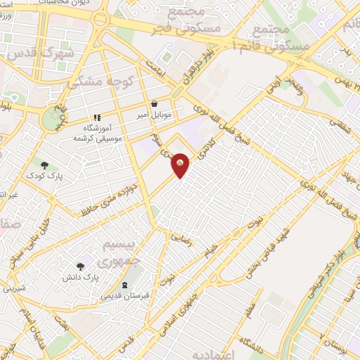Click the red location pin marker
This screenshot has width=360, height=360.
click(181, 165)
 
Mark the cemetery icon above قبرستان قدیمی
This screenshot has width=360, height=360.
click(125, 285)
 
